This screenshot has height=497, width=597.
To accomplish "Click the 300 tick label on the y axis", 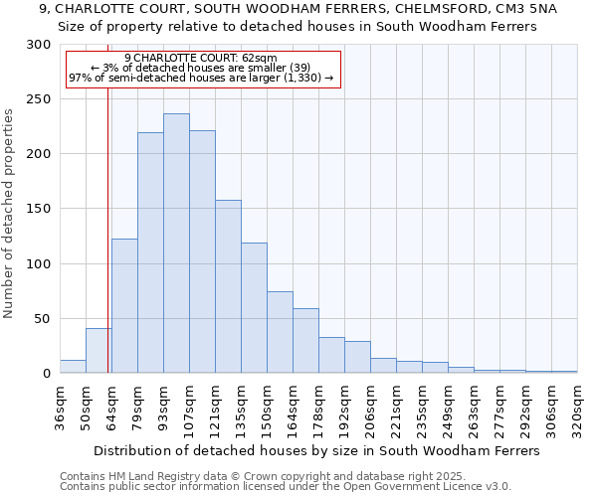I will pyautogui.click(x=39, y=45).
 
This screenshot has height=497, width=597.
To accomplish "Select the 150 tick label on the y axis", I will pyautogui.click(x=39, y=210).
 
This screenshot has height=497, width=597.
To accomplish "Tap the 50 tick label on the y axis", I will pyautogui.click(x=43, y=319).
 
